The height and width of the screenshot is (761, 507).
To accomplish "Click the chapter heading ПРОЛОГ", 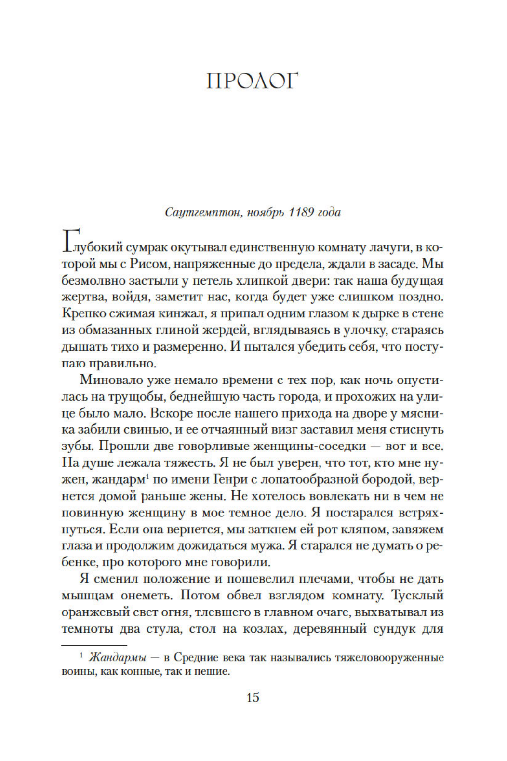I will (x=253, y=81).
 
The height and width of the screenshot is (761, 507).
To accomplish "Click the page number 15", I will (x=253, y=697).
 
